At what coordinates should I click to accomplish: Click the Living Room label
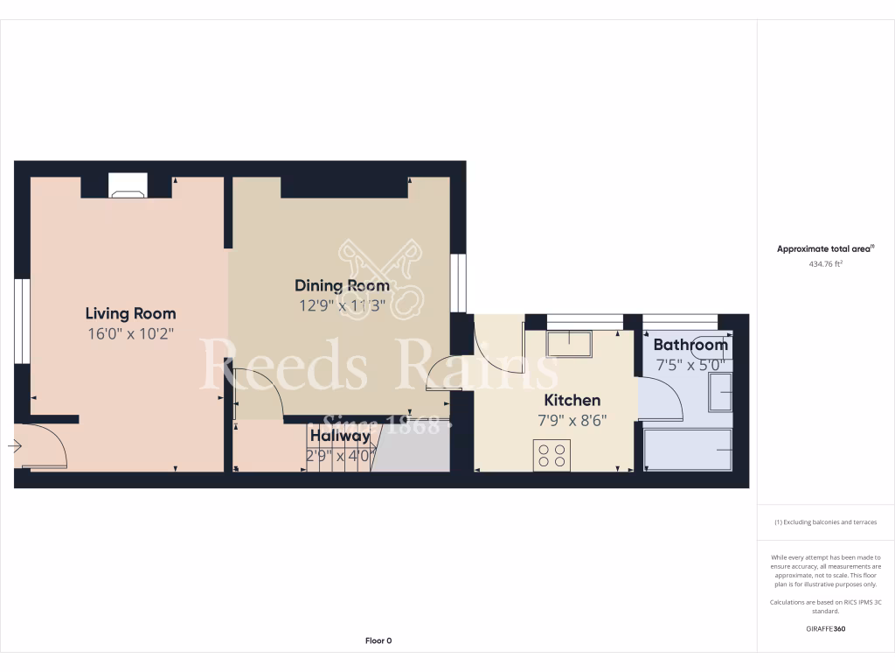pyautogui.click(x=130, y=313)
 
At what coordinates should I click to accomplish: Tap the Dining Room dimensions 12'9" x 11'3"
pyautogui.click(x=343, y=305)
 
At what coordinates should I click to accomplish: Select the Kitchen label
pyautogui.click(x=572, y=400)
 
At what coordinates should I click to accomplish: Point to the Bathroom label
pyautogui.click(x=690, y=345)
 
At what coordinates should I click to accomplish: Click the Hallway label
pyautogui.click(x=340, y=436)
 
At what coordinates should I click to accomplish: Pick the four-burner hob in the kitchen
pyautogui.click(x=552, y=455)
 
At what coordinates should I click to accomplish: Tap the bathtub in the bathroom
pyautogui.click(x=688, y=450)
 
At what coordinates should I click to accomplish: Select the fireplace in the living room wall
pyautogui.click(x=128, y=185)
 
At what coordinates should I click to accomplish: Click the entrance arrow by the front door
pyautogui.click(x=15, y=446)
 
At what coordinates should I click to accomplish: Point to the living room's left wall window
pyautogui.click(x=23, y=321)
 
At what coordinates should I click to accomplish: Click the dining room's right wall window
pyautogui.click(x=458, y=283)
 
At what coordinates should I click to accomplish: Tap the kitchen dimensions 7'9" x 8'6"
pyautogui.click(x=572, y=420)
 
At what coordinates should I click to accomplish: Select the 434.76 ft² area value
pyautogui.click(x=825, y=262)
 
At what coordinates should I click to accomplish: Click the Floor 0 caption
pyautogui.click(x=378, y=640)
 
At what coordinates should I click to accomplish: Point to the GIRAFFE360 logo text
pyautogui.click(x=825, y=628)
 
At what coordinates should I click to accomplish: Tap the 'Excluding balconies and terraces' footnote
pyautogui.click(x=825, y=522)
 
